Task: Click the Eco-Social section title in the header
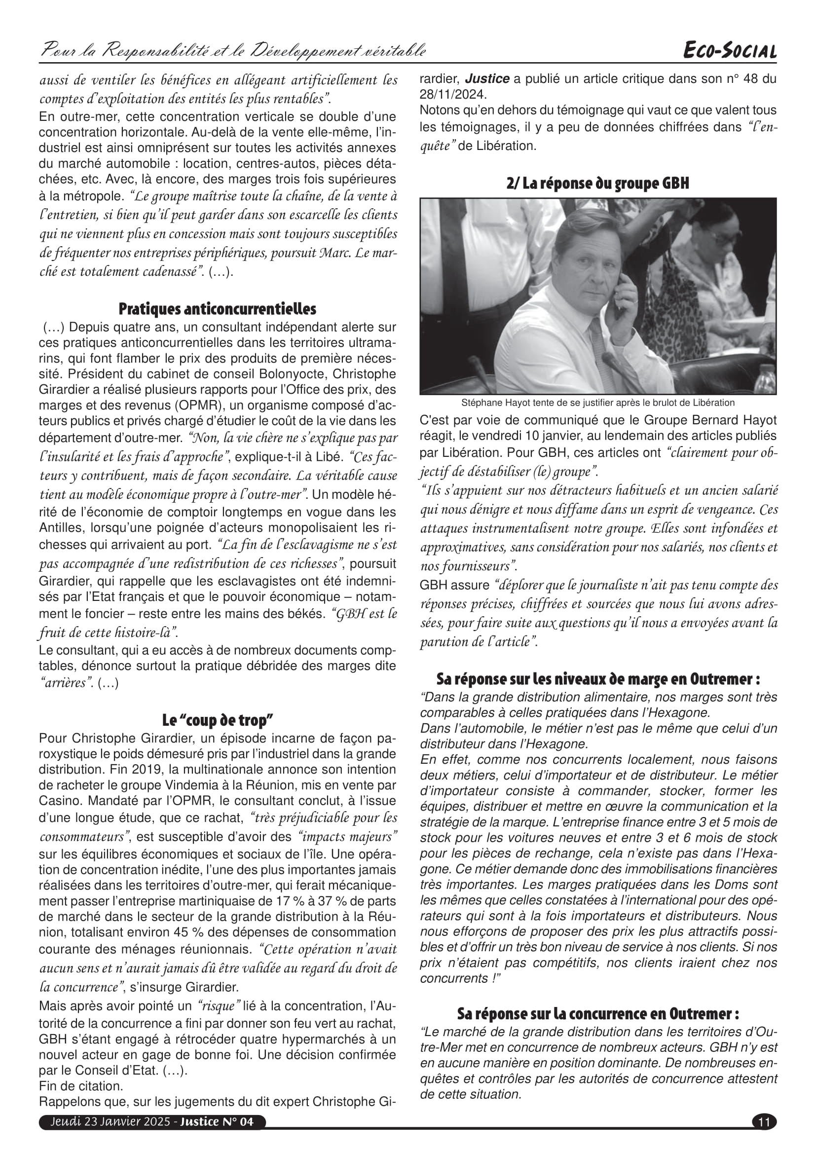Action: (x=730, y=51)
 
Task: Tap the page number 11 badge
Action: (x=764, y=1122)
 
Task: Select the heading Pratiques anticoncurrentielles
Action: (x=217, y=308)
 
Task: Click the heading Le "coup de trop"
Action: (x=217, y=720)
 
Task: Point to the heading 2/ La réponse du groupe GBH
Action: (x=597, y=184)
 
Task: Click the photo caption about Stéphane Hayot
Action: (x=597, y=403)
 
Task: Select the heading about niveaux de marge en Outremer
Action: (x=597, y=679)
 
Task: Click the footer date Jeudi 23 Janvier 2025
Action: (x=110, y=1122)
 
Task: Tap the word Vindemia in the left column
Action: (x=235, y=785)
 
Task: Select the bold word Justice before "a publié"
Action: (x=487, y=79)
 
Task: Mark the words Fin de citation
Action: (x=80, y=1086)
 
